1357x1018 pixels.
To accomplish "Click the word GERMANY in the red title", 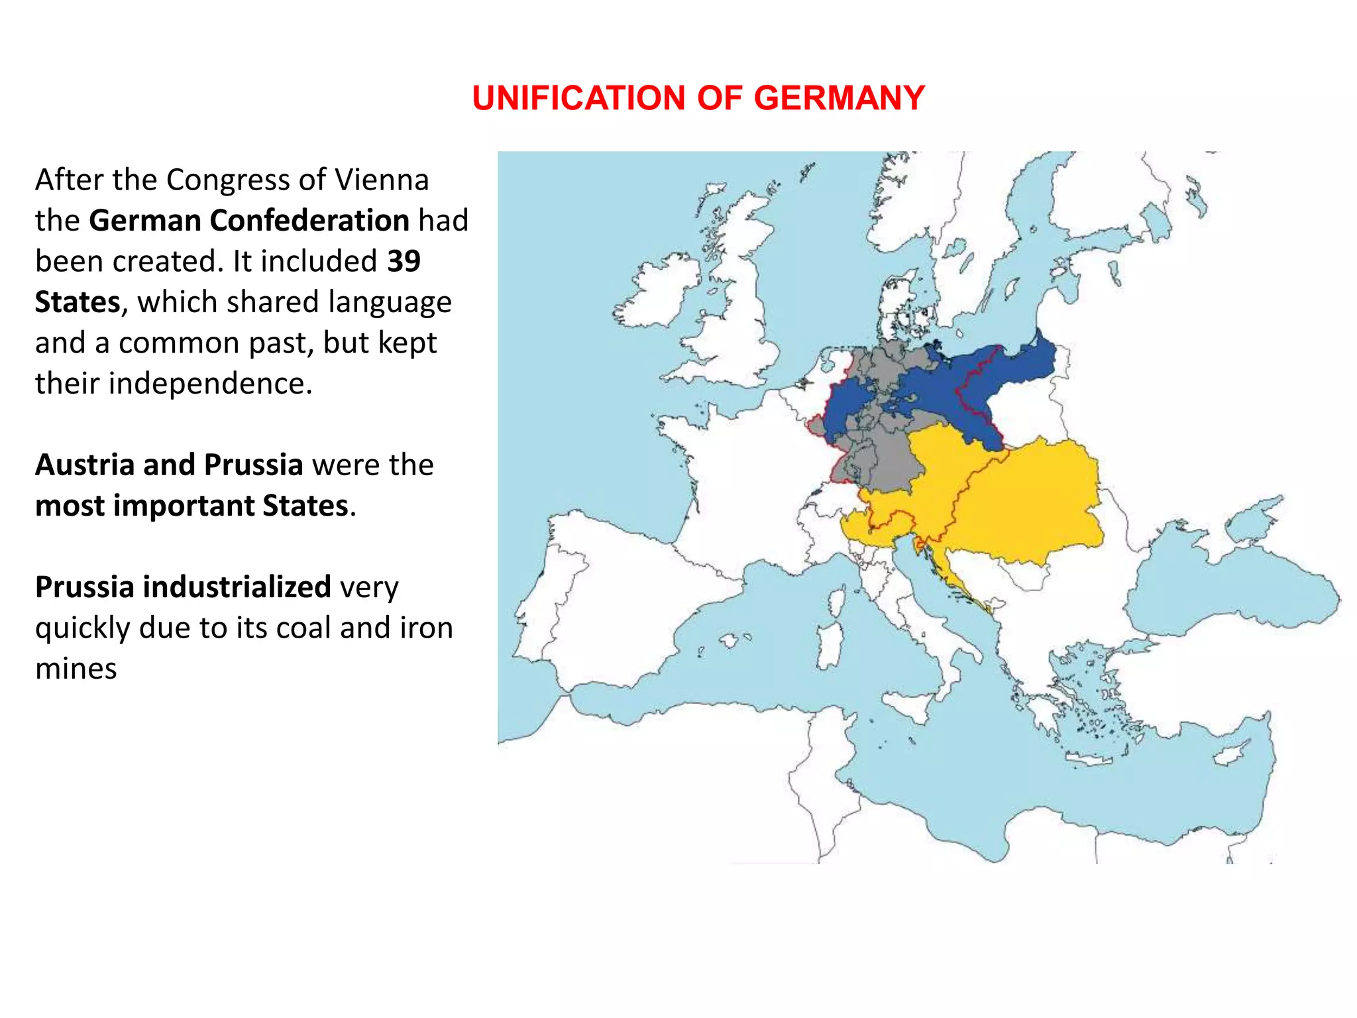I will (x=839, y=98).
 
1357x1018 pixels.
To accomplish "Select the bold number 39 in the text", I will (x=404, y=261).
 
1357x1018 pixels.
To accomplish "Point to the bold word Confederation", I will (x=309, y=220).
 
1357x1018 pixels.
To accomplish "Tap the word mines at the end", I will (x=76, y=669).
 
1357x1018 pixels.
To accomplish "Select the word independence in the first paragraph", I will (x=210, y=384).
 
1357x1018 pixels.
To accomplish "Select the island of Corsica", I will (x=836, y=599).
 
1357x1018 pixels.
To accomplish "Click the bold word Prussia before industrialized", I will (x=84, y=587).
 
